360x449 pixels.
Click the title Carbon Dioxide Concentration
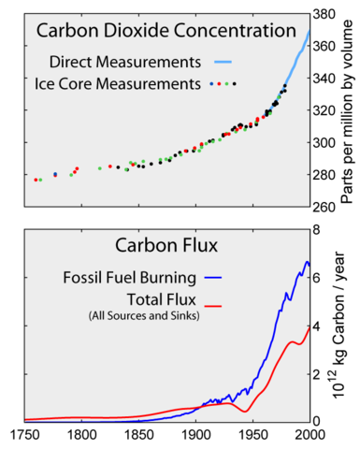pos(158,30)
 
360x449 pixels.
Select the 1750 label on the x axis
pos(24,435)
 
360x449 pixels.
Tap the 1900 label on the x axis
pos(195,435)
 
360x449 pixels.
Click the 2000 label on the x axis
pos(308,435)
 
